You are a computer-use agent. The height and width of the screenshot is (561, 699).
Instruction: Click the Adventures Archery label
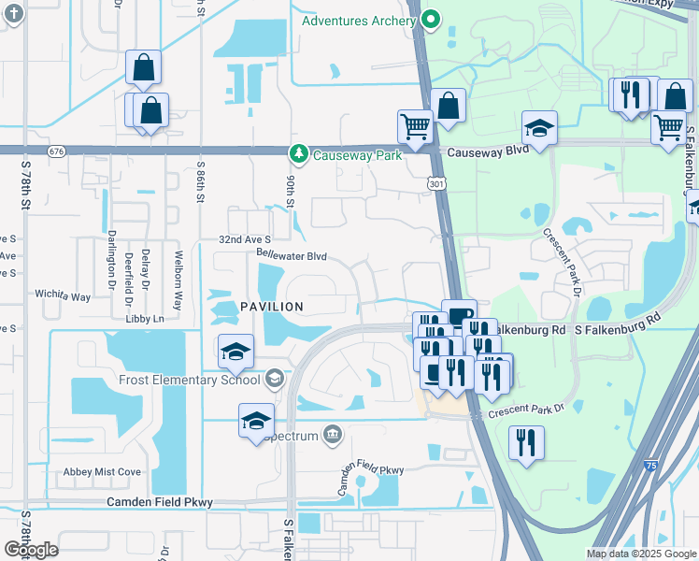pyautogui.click(x=359, y=21)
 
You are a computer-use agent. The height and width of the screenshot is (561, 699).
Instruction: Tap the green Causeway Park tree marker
pyautogui.click(x=298, y=152)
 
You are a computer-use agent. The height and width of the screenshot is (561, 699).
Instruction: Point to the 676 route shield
pyautogui.click(x=58, y=151)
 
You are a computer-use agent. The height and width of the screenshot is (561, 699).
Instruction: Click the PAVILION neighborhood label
pyautogui.click(x=271, y=307)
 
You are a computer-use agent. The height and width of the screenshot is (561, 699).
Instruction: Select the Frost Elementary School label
pyautogui.click(x=189, y=380)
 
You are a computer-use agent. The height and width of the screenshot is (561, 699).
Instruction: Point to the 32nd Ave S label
pyautogui.click(x=245, y=240)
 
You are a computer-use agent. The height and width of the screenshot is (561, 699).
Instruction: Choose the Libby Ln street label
pyautogui.click(x=144, y=319)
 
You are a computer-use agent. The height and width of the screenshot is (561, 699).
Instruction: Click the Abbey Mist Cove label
pyautogui.click(x=102, y=472)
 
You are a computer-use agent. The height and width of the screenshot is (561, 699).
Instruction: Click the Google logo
pyautogui.click(x=32, y=550)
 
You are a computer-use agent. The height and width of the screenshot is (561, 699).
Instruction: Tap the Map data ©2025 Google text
pyautogui.click(x=640, y=554)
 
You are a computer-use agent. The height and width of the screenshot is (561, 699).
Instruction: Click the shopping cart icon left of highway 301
pyautogui.click(x=414, y=126)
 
